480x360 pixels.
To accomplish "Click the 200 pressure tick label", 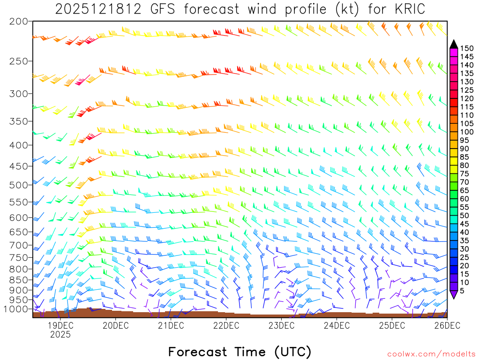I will pos(19,21).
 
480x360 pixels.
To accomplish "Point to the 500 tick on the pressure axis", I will pos(19,185).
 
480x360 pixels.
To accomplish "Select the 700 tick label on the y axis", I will pos(19,245).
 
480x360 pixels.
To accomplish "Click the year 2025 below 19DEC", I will pos(60,334).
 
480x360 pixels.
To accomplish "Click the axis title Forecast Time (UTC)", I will pos(240,352).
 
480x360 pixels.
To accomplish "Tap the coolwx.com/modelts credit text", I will pos(431,354).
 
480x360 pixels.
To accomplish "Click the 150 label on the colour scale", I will pos(466,48).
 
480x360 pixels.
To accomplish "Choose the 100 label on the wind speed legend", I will pos(466,132).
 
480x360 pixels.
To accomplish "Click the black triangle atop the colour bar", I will pos(454,44).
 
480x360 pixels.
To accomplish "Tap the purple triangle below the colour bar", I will pos(454,294).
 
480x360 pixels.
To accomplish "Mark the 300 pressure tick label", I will pos(19,93).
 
